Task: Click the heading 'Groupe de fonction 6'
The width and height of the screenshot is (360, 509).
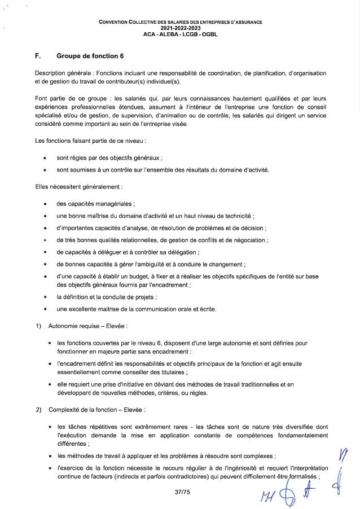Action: pyautogui.click(x=94, y=55)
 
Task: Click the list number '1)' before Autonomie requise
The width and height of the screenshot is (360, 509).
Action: pyautogui.click(x=38, y=326)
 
